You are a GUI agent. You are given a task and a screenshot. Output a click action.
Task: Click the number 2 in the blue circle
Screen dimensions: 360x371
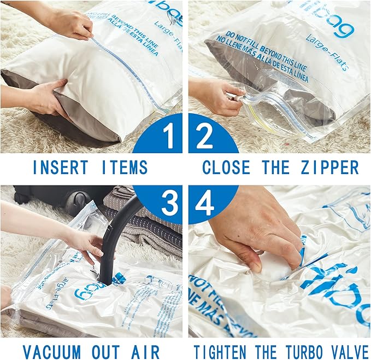tap(204, 136)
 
